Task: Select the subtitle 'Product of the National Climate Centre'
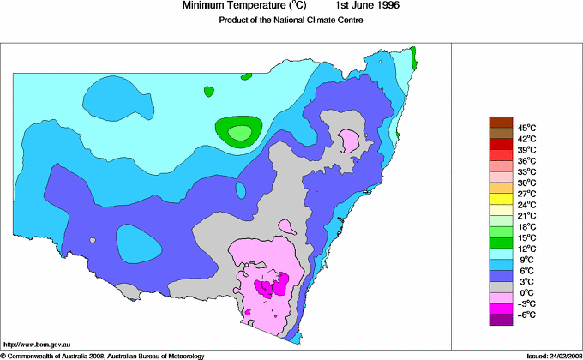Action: (291, 21)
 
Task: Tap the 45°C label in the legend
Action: (526, 128)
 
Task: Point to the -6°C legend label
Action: (526, 315)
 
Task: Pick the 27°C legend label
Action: (526, 194)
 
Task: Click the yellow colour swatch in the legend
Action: (501, 199)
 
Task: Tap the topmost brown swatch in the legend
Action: (501, 122)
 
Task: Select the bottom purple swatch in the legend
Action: (501, 321)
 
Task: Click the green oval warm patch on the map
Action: (239, 130)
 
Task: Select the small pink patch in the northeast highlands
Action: (349, 138)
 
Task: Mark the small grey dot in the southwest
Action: (92, 241)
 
